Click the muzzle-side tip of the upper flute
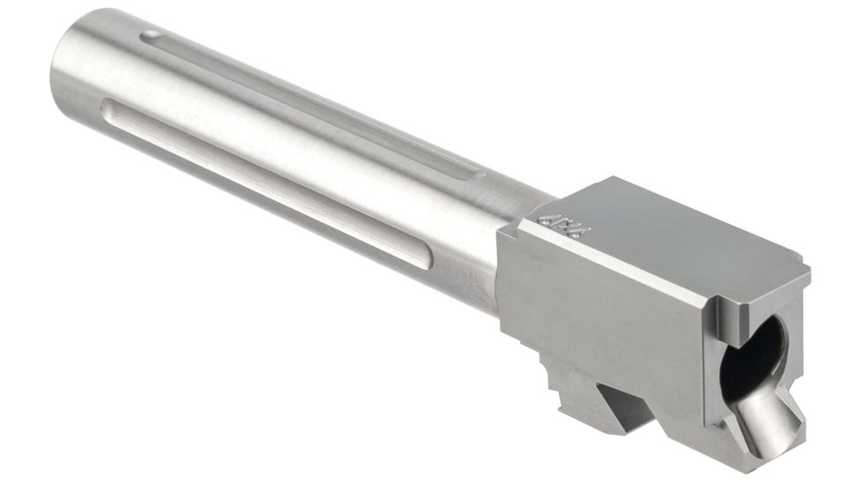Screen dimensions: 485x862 (151, 37)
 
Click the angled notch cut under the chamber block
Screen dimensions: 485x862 (628, 401)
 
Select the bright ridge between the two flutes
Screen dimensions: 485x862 (291, 137)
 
